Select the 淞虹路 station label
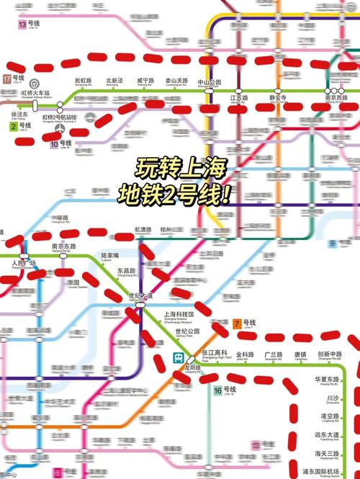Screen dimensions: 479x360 pyautogui.click(x=84, y=81)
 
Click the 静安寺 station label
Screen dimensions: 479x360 pyautogui.click(x=279, y=97)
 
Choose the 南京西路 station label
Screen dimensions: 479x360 pyautogui.click(x=338, y=97)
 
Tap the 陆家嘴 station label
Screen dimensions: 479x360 pyautogui.click(x=110, y=255)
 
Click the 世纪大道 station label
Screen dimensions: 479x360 pyautogui.click(x=140, y=295)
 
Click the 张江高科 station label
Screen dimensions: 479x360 pyautogui.click(x=214, y=354)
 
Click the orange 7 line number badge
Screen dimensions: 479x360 pyautogui.click(x=236, y=323)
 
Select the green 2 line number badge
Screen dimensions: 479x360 pyautogui.click(x=13, y=127)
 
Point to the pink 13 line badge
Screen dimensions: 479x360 pyautogui.click(x=22, y=24)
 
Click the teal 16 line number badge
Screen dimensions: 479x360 pyautogui.click(x=217, y=391)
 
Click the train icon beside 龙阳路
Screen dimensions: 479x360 pyautogui.click(x=177, y=357)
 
